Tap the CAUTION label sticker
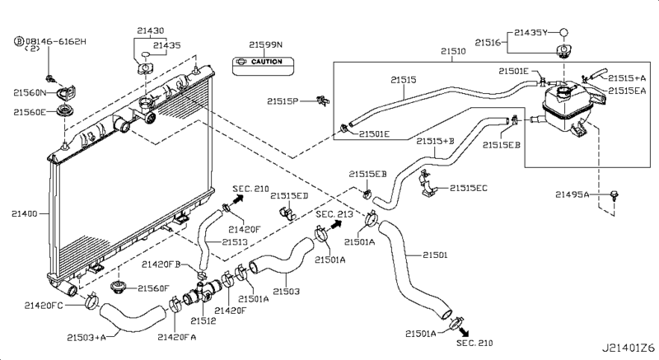(259, 62)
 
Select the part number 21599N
(265, 44)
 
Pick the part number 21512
(203, 320)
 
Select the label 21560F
(153, 288)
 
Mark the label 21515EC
(468, 189)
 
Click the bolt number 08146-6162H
(54, 40)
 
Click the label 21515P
(283, 101)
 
